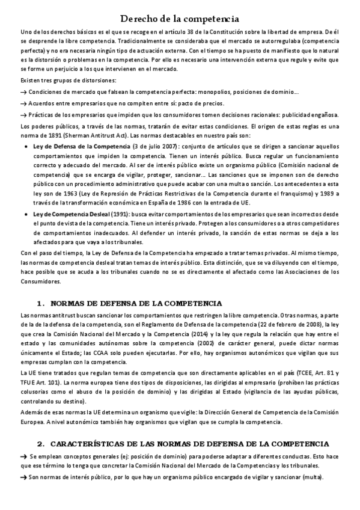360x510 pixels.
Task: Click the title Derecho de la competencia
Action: [x=180, y=19]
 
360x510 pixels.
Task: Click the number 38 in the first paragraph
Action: [x=209, y=31]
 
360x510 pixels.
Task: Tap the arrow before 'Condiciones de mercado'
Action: [x=24, y=92]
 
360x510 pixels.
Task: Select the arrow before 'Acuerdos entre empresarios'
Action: [x=24, y=103]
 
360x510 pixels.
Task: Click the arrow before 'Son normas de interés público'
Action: [x=24, y=477]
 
